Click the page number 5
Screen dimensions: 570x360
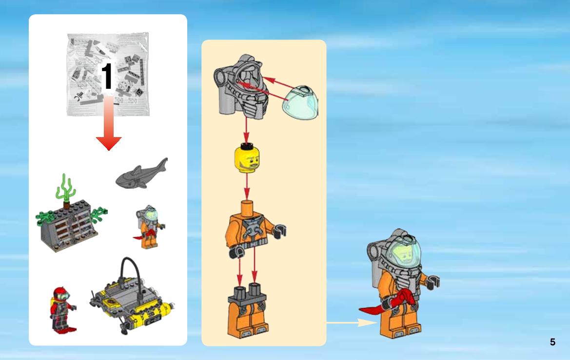(x=552, y=342)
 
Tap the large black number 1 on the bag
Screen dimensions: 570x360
(x=107, y=76)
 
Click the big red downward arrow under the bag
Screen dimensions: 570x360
(x=109, y=123)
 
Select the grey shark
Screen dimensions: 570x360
(x=142, y=174)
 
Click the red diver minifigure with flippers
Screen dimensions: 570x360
(x=62, y=310)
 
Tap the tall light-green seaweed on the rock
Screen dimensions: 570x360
(x=65, y=187)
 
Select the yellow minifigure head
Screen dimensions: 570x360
(x=247, y=158)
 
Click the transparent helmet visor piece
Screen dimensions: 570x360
(x=301, y=103)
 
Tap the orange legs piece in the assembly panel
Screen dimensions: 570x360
(x=247, y=311)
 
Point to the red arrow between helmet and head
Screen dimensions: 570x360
(x=246, y=130)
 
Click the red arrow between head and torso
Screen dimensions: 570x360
(x=247, y=186)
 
